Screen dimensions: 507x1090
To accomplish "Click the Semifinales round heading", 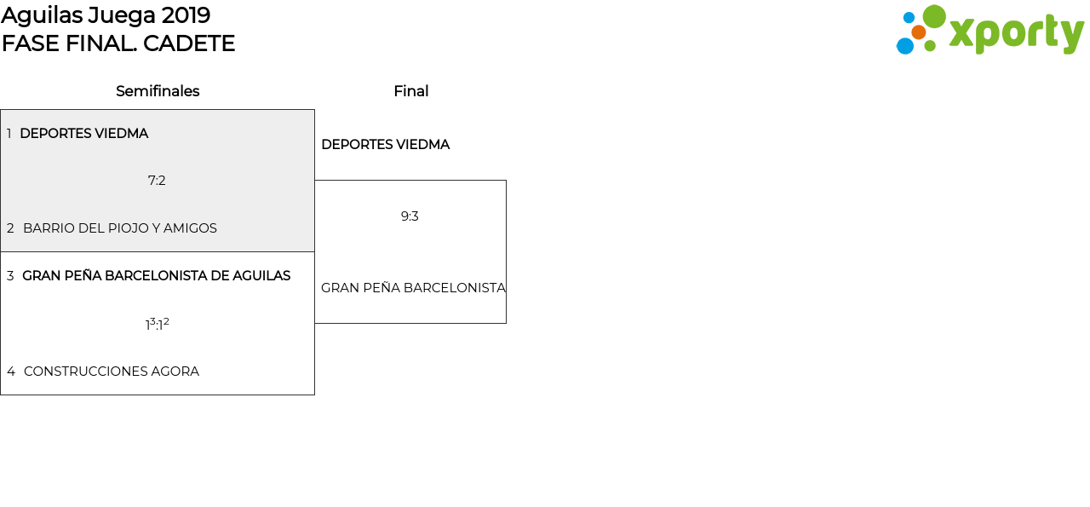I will point(158,91).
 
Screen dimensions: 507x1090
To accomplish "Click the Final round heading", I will point(410,91).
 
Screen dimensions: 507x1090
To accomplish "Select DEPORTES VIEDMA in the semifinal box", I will point(83,134).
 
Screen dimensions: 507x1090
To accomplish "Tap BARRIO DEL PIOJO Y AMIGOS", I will point(120,228).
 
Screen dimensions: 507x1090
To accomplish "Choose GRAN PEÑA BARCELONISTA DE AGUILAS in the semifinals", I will point(156,276).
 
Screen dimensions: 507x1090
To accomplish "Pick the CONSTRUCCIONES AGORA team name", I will point(112,372).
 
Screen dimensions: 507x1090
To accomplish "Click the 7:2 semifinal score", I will point(157,181).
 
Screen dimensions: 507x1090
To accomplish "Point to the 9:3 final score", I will point(410,216).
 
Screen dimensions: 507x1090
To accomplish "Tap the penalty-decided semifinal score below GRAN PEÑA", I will point(157,324).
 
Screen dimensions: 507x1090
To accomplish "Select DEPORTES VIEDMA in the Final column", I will point(385,145).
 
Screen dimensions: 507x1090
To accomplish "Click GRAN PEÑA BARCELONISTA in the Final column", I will point(413,288).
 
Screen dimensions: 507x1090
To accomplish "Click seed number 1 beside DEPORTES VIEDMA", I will point(9,134).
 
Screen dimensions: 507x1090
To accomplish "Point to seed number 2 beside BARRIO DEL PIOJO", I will point(10,228).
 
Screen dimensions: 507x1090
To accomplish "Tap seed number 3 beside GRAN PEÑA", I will point(10,276).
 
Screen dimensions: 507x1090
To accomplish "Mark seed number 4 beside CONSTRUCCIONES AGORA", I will point(11,372).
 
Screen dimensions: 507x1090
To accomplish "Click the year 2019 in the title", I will point(186,15).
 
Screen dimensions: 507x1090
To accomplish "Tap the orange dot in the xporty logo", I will point(919,32).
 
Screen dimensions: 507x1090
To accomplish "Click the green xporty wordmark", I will point(1016,34).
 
